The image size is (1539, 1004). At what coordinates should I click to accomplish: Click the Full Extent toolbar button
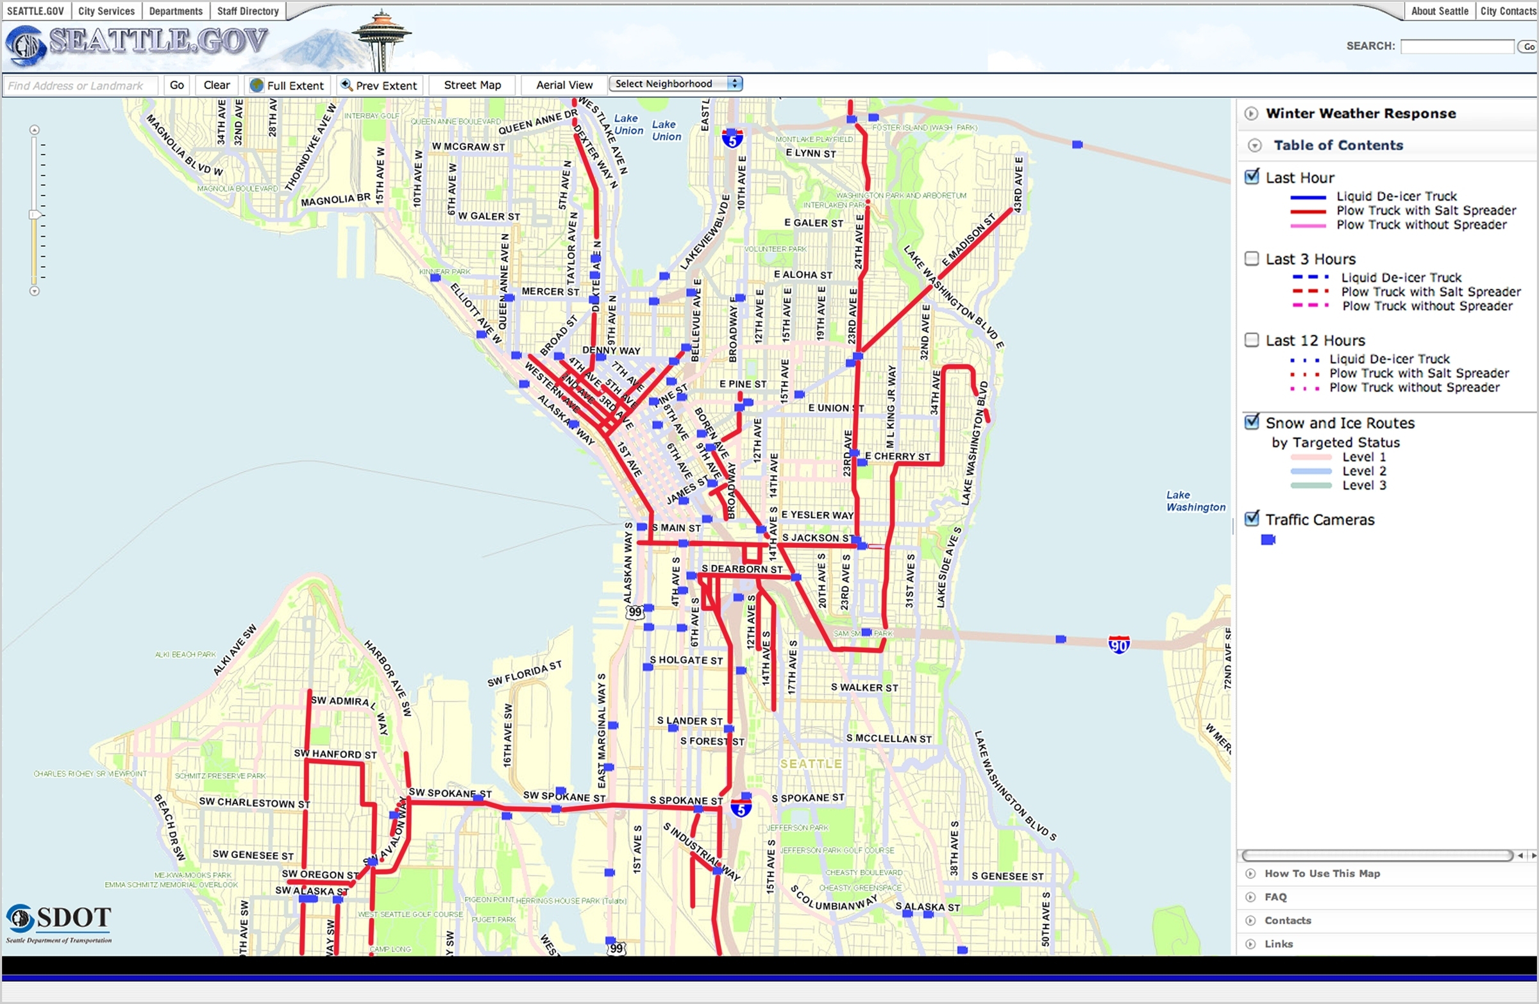click(x=287, y=85)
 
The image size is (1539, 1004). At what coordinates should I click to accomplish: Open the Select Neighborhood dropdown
click(x=675, y=84)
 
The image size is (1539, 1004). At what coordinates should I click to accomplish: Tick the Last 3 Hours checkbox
click(x=1252, y=258)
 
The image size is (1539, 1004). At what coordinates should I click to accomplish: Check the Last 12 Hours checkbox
click(x=1252, y=340)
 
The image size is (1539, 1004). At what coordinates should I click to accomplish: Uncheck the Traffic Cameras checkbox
click(x=1252, y=519)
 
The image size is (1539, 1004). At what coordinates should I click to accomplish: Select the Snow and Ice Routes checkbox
click(x=1252, y=422)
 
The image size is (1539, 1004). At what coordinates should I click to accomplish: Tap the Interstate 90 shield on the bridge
click(x=1119, y=644)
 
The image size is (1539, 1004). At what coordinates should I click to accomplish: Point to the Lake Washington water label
click(x=1196, y=501)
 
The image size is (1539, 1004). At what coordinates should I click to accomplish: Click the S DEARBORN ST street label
click(x=742, y=569)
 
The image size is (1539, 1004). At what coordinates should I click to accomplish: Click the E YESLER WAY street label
click(x=817, y=515)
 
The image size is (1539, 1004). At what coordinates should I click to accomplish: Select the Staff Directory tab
click(x=248, y=11)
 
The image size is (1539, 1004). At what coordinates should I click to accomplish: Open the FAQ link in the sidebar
click(x=1275, y=897)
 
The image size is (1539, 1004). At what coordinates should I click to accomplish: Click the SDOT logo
click(x=59, y=923)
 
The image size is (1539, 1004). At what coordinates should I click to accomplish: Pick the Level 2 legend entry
click(x=1364, y=471)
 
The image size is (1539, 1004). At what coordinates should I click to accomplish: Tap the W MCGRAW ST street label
click(x=468, y=147)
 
